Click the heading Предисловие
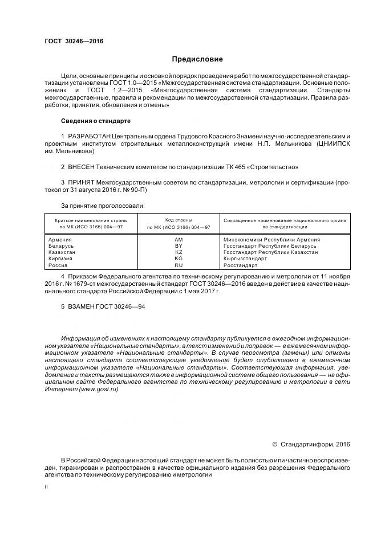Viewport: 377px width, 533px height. click(197, 59)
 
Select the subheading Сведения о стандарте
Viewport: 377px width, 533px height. click(95, 121)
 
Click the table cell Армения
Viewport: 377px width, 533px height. click(60, 240)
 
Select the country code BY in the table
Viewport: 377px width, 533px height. click(179, 246)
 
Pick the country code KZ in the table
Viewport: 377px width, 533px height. click(179, 252)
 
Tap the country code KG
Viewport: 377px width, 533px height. click(179, 259)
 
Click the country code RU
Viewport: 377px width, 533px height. click(179, 265)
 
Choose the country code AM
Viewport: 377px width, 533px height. click(179, 240)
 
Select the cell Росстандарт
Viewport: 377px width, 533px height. click(240, 265)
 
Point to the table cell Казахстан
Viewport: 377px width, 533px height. click(62, 252)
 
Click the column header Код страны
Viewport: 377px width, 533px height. click(179, 219)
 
